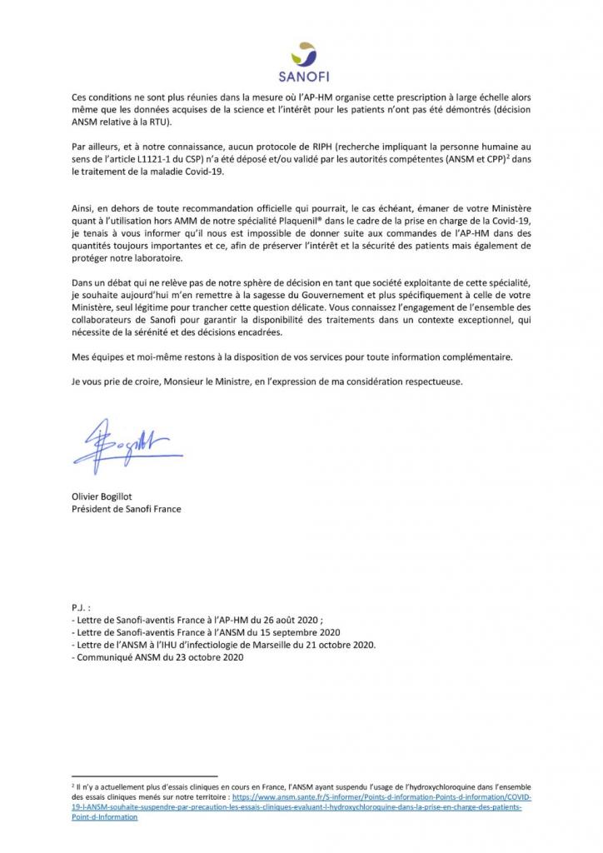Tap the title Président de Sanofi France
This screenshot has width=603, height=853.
pyautogui.click(x=126, y=508)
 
